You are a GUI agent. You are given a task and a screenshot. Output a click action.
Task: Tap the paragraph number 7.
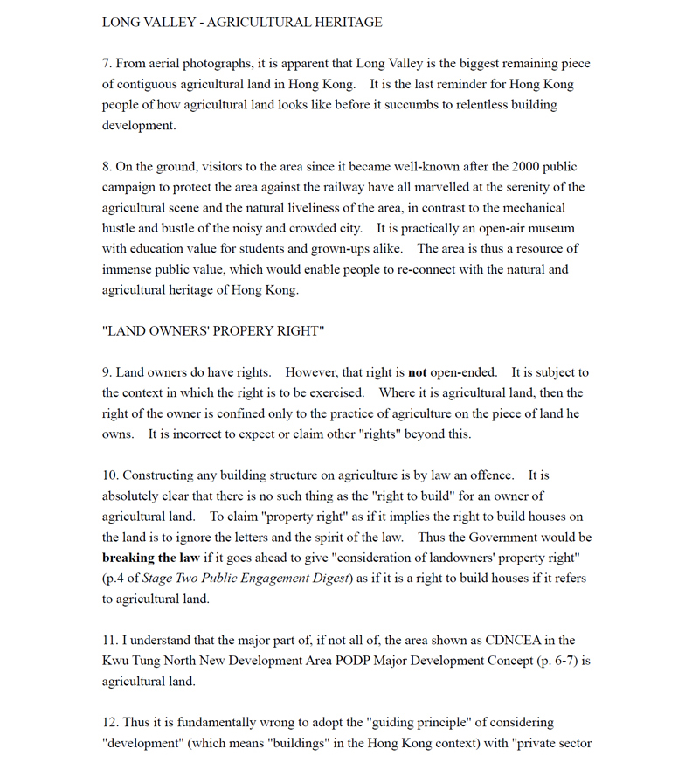(x=107, y=64)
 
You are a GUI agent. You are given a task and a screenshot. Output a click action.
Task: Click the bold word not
(x=418, y=372)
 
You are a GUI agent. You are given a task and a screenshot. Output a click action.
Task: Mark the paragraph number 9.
(x=107, y=372)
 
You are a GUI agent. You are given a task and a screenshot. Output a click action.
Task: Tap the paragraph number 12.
(x=109, y=723)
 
